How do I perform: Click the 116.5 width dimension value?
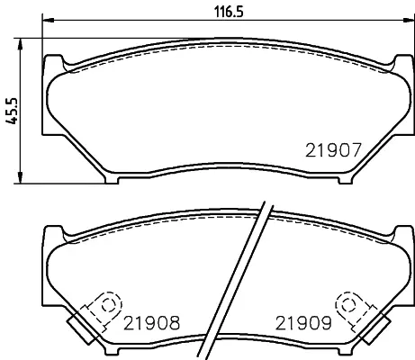pos(229,13)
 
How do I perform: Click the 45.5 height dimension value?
pos(13,111)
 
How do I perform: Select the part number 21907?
pos(333,150)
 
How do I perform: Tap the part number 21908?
pos(151,323)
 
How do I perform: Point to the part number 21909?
pos(303,323)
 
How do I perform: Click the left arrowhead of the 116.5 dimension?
pos(48,20)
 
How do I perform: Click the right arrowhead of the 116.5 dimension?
pos(408,20)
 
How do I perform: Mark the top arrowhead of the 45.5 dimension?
pos(20,44)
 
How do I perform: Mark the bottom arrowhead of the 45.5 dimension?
pos(20,177)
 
